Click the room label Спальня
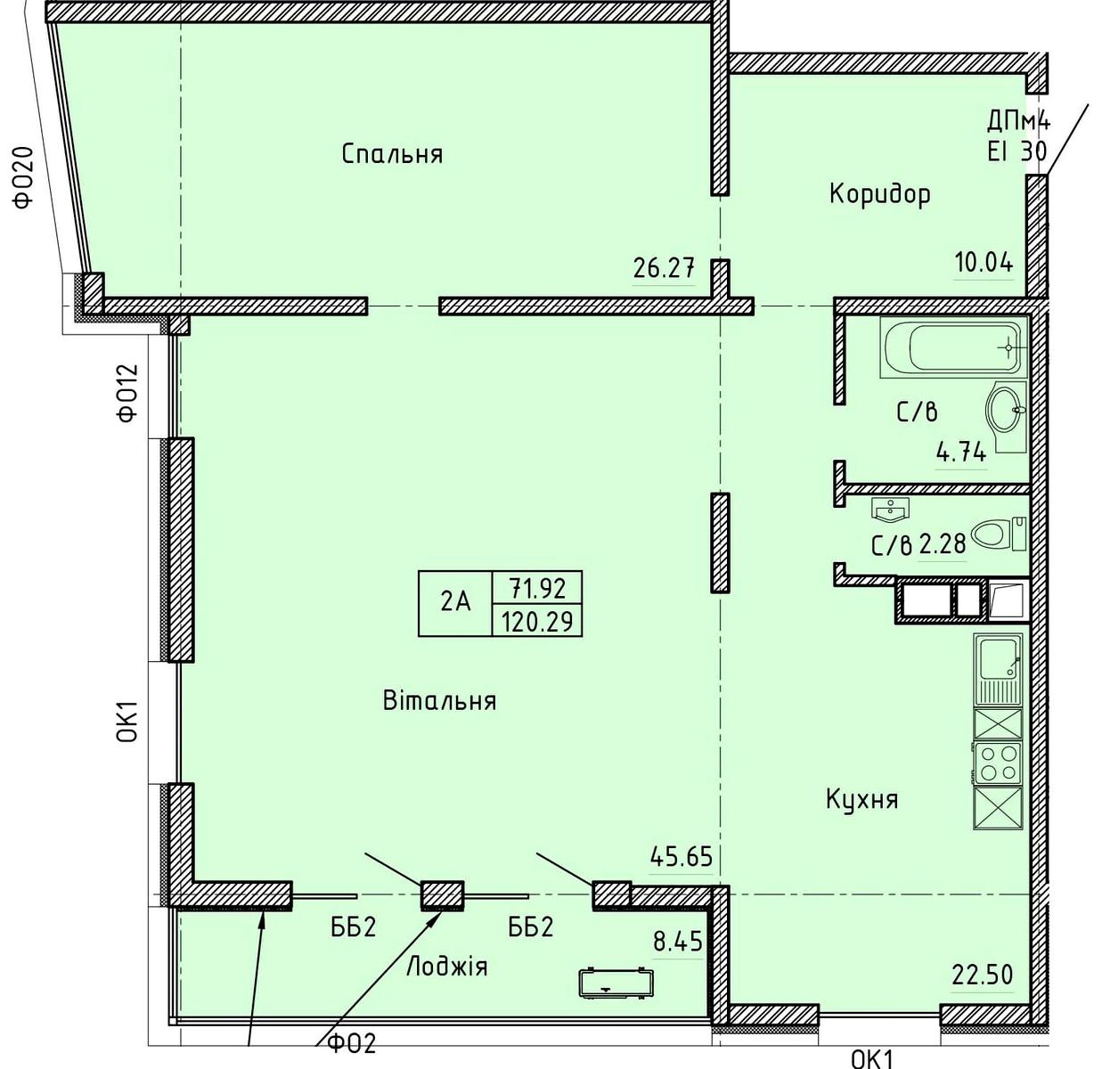(392, 154)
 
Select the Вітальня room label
(439, 700)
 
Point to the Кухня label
(861, 799)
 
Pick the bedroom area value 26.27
(664, 268)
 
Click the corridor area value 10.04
(984, 263)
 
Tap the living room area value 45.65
(682, 857)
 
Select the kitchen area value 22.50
(983, 975)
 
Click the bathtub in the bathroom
(953, 347)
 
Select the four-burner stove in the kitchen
(998, 763)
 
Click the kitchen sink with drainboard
(998, 670)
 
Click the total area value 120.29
(537, 622)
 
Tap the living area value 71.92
(538, 588)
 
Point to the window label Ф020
(25, 177)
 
